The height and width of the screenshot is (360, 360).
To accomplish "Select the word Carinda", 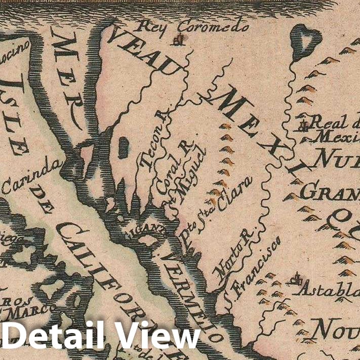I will pos(33,178).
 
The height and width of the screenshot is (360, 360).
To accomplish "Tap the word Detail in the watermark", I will pos(55,337).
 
